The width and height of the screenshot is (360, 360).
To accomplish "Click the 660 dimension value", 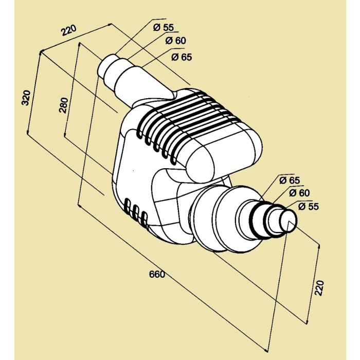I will (157, 274).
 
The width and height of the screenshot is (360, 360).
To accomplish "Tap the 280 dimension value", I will (63, 106).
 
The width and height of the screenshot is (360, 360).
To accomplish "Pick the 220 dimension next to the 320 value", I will (68, 30).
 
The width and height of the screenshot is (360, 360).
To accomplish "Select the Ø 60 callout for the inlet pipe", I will (175, 41).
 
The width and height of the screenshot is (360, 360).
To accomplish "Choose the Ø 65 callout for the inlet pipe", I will (182, 57).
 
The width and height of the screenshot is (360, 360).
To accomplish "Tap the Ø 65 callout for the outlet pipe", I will (289, 180).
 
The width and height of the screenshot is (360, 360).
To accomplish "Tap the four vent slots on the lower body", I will (136, 213).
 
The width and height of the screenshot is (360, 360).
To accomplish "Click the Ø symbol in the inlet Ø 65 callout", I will (175, 57).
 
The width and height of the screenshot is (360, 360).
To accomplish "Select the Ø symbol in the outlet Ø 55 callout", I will (301, 206).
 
